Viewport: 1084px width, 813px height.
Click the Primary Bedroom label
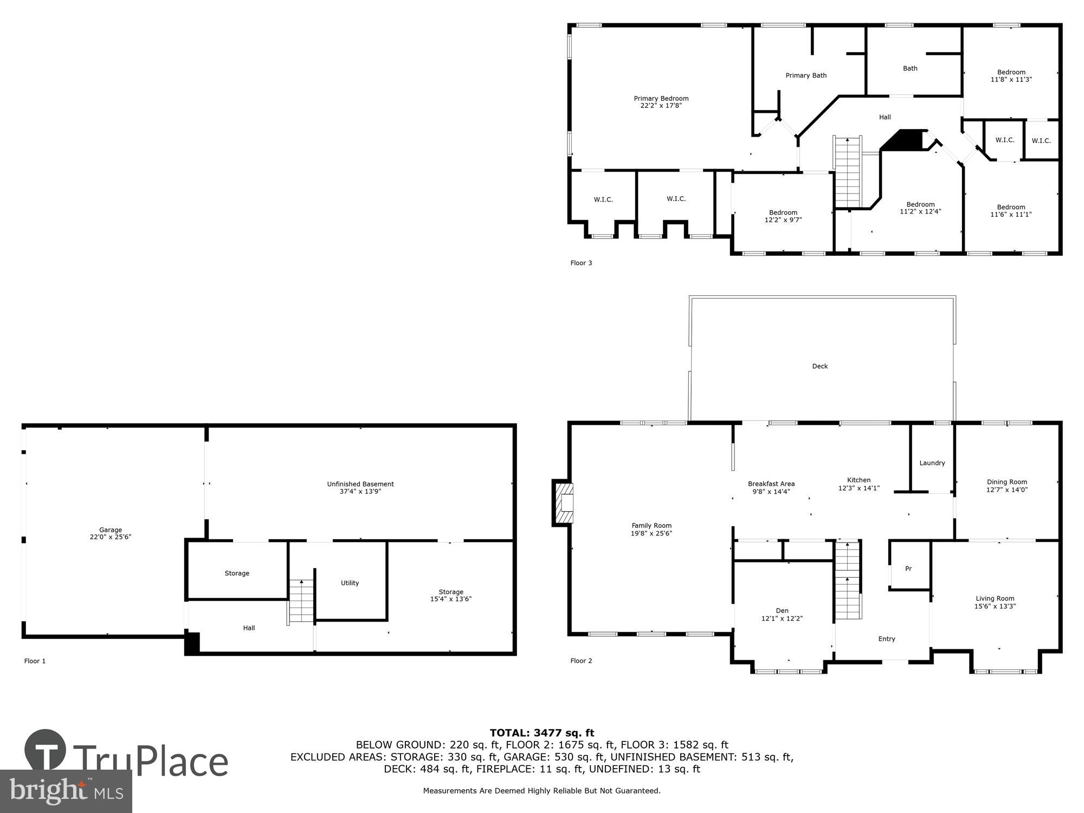(x=661, y=99)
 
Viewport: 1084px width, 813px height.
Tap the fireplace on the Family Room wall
(x=564, y=503)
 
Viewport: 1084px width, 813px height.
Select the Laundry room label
(x=932, y=463)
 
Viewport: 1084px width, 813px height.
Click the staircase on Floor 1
(x=301, y=602)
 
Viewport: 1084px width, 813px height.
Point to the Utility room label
(x=350, y=583)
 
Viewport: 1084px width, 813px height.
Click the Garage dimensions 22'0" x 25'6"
(x=111, y=537)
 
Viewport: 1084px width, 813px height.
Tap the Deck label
(x=820, y=366)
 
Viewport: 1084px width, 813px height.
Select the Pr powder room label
(x=908, y=569)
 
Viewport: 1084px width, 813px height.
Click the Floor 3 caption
(x=581, y=263)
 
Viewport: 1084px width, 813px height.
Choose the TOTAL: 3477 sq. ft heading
(x=542, y=733)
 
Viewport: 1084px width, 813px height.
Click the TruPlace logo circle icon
(x=46, y=751)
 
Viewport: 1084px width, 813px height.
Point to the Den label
(x=782, y=610)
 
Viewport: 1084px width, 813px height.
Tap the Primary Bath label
(x=806, y=75)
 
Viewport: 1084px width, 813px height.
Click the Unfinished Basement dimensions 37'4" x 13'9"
(x=360, y=492)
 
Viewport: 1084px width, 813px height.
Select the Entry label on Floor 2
(x=887, y=639)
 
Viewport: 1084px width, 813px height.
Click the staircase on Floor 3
(x=847, y=172)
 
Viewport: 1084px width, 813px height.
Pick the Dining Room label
(x=1006, y=482)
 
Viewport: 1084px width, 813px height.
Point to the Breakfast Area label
(x=771, y=484)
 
